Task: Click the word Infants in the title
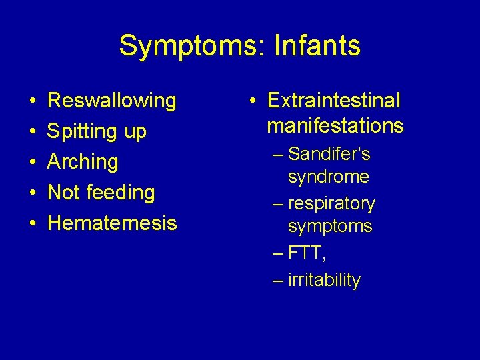(319, 46)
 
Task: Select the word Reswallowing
(112, 101)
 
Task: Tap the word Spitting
(83, 132)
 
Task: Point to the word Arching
(83, 162)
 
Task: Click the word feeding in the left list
(123, 193)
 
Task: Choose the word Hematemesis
(112, 223)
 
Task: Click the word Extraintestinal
(333, 101)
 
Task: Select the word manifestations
(335, 125)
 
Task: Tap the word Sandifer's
(329, 155)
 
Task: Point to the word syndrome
(328, 177)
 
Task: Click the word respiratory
(332, 203)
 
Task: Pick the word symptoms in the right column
(329, 226)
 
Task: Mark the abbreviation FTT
(307, 253)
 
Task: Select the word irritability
(324, 280)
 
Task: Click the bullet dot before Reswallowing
(33, 101)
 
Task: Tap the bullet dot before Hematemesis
(33, 223)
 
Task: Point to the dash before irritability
(279, 281)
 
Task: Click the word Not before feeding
(64, 193)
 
